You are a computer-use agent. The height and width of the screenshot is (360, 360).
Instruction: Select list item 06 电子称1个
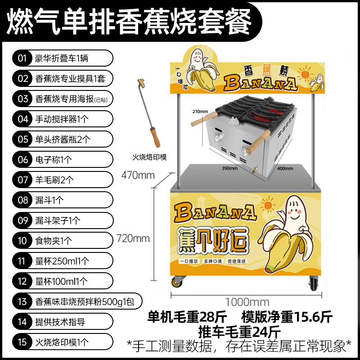[x=62, y=159]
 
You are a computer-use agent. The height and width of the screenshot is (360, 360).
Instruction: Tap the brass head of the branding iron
[x=141, y=83]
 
